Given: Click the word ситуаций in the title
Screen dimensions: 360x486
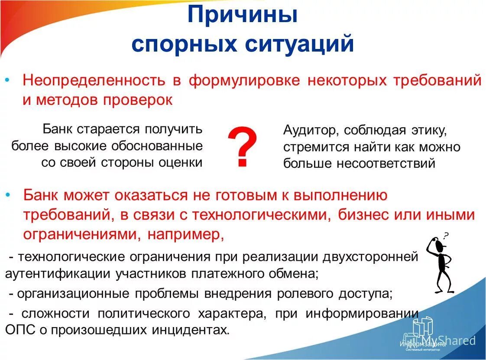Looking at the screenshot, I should [300, 45].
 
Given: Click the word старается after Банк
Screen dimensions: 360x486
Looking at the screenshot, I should [109, 129].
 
